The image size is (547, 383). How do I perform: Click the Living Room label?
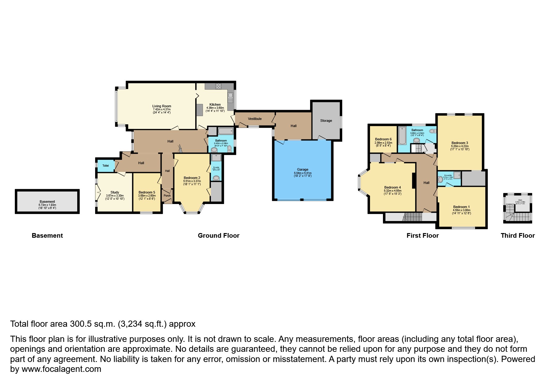click(162, 106)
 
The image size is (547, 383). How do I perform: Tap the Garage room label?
click(303, 170)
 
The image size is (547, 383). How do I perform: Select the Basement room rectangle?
click(47, 202)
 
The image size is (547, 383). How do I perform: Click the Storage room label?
click(326, 121)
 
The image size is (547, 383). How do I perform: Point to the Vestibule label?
click(255, 119)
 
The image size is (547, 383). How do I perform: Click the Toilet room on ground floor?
click(105, 166)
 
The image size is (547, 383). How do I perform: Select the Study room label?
click(115, 192)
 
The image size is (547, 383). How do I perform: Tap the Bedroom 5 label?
click(147, 192)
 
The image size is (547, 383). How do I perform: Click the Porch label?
click(167, 196)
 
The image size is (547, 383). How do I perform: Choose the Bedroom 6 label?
click(383, 139)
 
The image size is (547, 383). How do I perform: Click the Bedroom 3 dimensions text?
click(460, 148)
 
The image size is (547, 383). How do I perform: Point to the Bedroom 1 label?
click(461, 207)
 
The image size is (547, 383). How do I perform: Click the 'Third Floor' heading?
click(518, 236)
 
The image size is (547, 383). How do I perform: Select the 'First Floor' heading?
click(423, 236)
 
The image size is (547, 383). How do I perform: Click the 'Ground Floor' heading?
click(218, 236)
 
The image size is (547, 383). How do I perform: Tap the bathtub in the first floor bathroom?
click(402, 136)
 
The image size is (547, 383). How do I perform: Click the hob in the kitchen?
click(219, 86)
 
